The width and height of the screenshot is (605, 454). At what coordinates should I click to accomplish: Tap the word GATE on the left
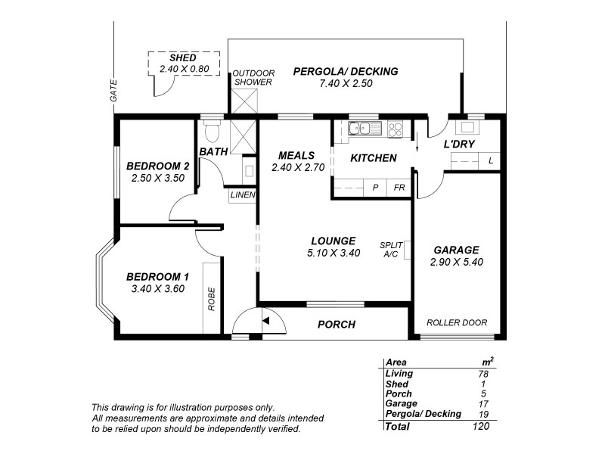114,91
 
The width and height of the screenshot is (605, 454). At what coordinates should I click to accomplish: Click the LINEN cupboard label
244,195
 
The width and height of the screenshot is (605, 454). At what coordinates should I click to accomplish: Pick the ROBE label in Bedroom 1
212,298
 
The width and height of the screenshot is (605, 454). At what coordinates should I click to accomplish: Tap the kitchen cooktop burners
394,129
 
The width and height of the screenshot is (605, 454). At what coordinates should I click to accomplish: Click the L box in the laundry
491,160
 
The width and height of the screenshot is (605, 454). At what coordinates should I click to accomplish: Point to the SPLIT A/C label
390,249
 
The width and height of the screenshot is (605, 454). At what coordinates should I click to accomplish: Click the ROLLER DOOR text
455,322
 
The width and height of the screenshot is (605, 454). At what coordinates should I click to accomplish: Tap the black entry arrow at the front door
265,321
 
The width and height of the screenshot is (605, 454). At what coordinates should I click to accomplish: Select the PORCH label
337,325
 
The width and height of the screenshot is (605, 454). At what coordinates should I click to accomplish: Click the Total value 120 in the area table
479,426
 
